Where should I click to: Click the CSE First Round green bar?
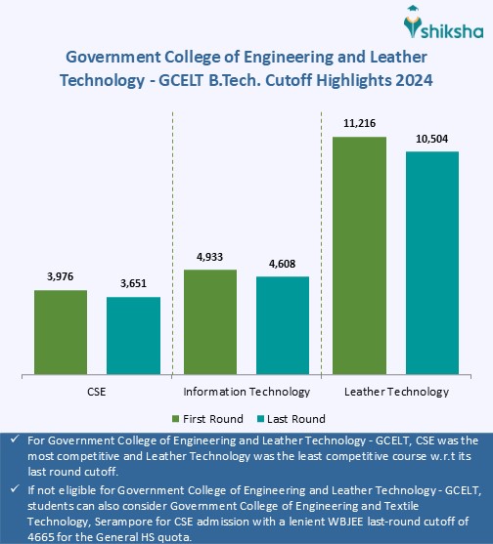61,331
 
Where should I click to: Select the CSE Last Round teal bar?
133,335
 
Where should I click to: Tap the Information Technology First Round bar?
210,321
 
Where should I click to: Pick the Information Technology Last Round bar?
283,325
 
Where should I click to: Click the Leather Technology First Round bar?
359,255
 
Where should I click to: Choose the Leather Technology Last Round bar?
431,262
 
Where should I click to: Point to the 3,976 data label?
61,277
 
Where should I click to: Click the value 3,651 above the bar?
133,284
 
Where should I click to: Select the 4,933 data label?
210,257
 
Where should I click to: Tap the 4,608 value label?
283,264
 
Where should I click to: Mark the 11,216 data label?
359,125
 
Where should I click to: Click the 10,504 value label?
431,139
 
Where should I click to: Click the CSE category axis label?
97,392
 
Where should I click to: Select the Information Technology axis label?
246,392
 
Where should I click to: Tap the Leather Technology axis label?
396,392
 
